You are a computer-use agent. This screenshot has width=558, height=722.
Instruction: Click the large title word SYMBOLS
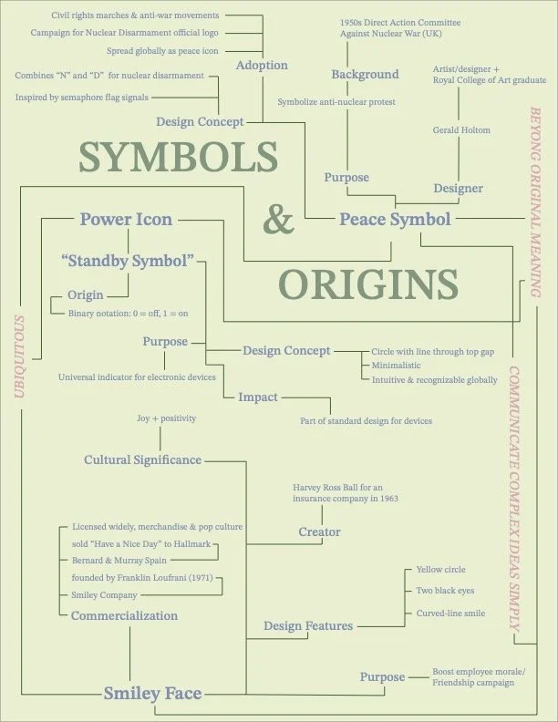[x=177, y=157]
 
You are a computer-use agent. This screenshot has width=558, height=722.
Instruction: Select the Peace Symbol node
[x=395, y=220]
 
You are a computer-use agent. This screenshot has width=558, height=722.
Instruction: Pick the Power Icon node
[x=126, y=219]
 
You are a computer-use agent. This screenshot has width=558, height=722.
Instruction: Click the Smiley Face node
[x=152, y=693]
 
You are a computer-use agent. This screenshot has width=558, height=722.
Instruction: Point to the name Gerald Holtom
[x=461, y=130]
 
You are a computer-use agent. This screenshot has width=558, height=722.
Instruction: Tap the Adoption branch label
[x=262, y=66]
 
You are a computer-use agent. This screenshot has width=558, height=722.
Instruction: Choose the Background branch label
[x=365, y=75]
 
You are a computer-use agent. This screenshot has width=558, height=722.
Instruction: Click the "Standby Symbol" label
[x=128, y=261]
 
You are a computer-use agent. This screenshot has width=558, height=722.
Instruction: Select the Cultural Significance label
[x=142, y=459]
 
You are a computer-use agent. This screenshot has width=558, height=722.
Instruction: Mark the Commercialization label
[x=125, y=615]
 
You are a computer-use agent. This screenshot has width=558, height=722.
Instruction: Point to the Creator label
[x=319, y=531]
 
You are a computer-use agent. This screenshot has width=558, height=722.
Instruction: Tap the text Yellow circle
[x=440, y=570]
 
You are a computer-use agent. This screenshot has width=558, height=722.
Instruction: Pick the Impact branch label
[x=258, y=397]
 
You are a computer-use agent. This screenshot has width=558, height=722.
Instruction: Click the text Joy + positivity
[x=165, y=418]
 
